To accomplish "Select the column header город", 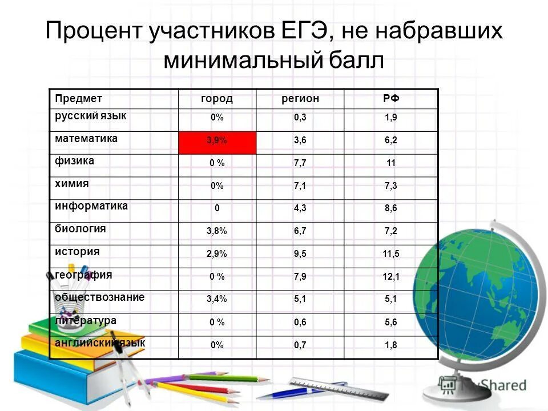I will [x=217, y=99].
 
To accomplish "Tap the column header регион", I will [x=300, y=99].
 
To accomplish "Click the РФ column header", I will [x=391, y=99].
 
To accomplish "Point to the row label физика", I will [x=75, y=161].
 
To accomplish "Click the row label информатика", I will [x=91, y=206].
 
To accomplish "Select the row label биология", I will [x=80, y=229].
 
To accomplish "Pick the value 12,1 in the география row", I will [x=391, y=277].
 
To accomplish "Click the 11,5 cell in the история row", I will [x=391, y=254].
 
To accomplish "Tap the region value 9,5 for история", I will [x=300, y=254].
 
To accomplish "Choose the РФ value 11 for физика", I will [x=391, y=163].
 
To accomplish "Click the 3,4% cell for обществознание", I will [x=217, y=299].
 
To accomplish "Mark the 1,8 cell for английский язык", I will [x=391, y=345].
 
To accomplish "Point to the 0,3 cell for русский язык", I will [x=300, y=118].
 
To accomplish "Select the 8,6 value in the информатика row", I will [x=391, y=208].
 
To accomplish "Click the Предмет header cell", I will [x=79, y=99].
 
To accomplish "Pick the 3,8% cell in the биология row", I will [x=217, y=231].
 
